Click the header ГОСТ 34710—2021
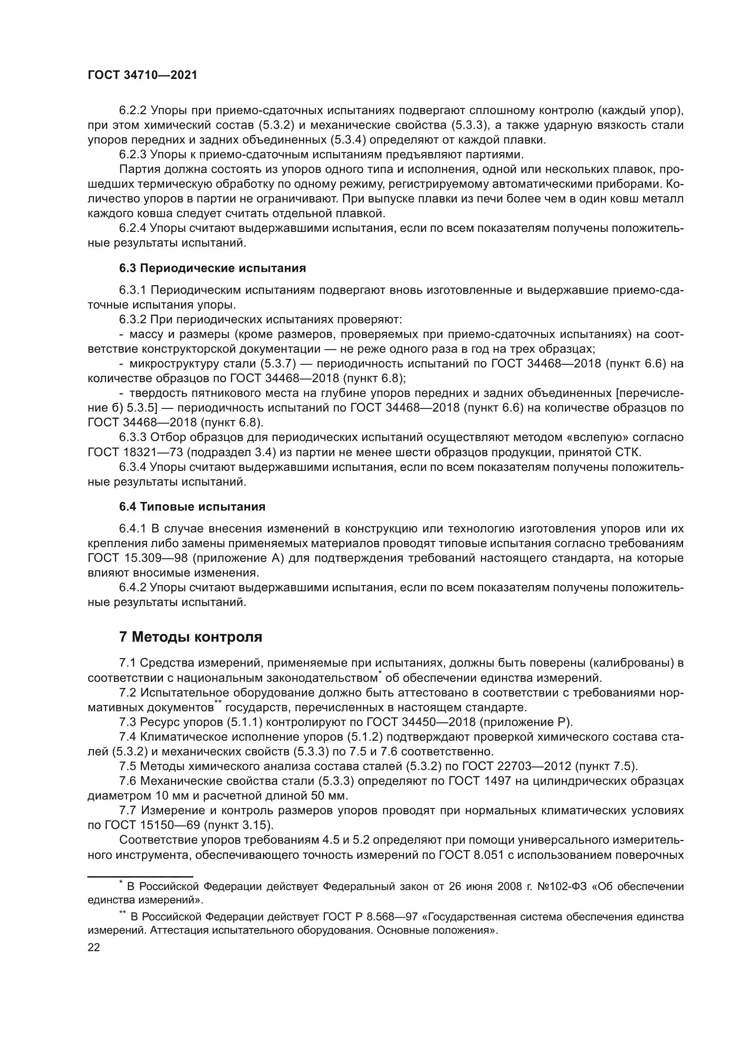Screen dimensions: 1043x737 coord(142,75)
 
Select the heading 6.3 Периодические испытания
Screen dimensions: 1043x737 coord(213,268)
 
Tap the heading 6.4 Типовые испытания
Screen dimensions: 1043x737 coord(192,507)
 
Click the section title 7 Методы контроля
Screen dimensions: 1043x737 coord(191,637)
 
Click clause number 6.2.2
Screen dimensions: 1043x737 coord(132,111)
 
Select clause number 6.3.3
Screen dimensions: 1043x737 coord(132,437)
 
